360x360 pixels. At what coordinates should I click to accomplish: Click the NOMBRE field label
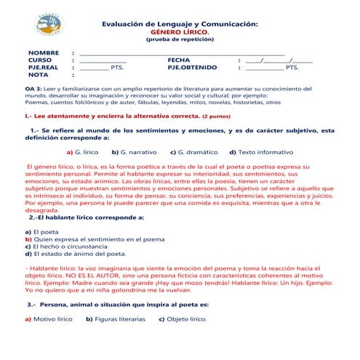point(43,53)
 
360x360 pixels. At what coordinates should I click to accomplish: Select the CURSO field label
point(41,60)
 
